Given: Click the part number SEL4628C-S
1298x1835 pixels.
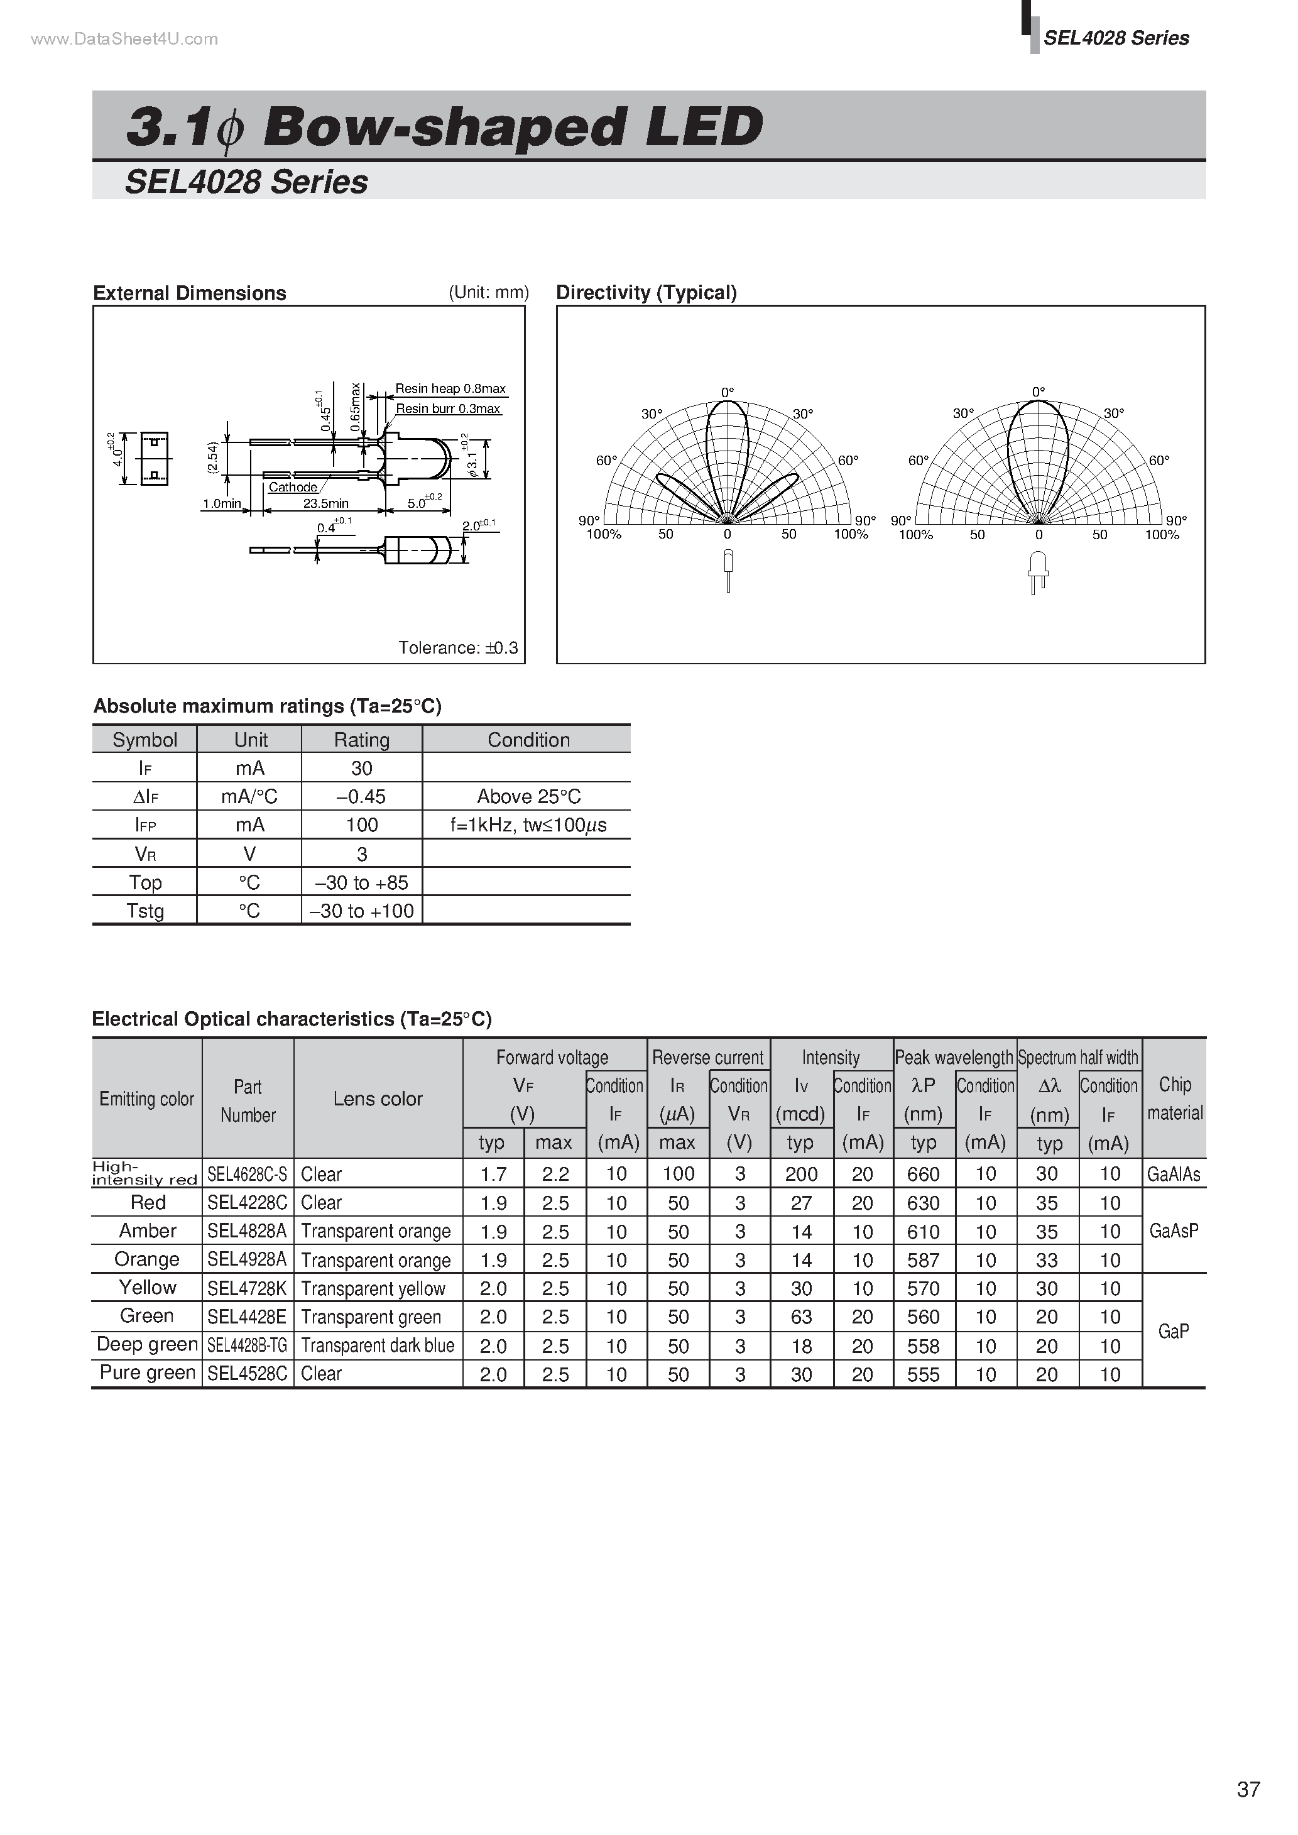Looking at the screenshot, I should (x=247, y=1174).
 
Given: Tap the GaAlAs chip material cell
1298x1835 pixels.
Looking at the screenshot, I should (x=1174, y=1174).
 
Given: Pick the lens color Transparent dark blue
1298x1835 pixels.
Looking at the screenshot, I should (x=377, y=1346).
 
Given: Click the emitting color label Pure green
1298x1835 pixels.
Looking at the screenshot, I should (x=147, y=1373).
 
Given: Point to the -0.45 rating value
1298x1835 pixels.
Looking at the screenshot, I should (x=361, y=797).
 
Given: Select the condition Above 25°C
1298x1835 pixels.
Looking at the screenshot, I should (x=528, y=797).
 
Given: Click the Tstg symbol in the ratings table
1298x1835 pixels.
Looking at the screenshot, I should (x=145, y=911).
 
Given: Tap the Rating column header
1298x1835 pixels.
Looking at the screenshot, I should (x=361, y=740).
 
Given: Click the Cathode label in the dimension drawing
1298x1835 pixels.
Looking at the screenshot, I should (x=293, y=487).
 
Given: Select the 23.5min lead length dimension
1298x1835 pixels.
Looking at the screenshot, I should (x=325, y=503).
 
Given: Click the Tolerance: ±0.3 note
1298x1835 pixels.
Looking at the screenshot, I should (x=458, y=647).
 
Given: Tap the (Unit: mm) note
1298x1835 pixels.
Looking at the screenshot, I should (x=488, y=292).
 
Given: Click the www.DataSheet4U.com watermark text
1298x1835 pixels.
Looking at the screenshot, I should (x=124, y=39).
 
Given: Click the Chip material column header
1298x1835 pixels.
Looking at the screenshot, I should (x=1174, y=1098).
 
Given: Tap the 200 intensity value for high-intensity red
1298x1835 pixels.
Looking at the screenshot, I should (x=801, y=1174).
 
